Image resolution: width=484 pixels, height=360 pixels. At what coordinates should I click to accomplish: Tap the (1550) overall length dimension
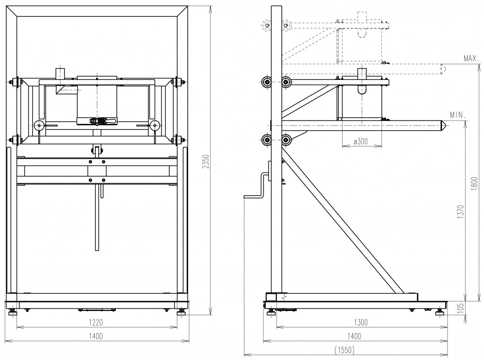pyautogui.click(x=345, y=350)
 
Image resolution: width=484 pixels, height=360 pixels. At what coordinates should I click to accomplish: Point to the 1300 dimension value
pyautogui.click(x=360, y=322)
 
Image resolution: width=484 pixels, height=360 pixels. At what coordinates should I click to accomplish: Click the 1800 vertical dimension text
pyautogui.click(x=475, y=182)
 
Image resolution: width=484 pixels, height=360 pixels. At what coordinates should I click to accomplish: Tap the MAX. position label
pyautogui.click(x=472, y=59)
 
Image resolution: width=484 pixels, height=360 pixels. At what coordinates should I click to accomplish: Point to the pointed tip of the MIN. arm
pyautogui.click(x=444, y=125)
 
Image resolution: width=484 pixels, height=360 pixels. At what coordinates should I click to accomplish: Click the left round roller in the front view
pyautogui.click(x=39, y=126)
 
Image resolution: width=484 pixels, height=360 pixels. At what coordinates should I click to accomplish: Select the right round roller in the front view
pyautogui.click(x=154, y=126)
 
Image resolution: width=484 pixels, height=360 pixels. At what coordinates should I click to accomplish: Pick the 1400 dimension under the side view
pyautogui.click(x=354, y=336)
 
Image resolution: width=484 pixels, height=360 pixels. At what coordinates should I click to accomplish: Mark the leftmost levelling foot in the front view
pyautogui.click(x=12, y=312)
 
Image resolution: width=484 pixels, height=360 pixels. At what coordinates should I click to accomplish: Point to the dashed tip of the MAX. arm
pyautogui.click(x=443, y=69)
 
